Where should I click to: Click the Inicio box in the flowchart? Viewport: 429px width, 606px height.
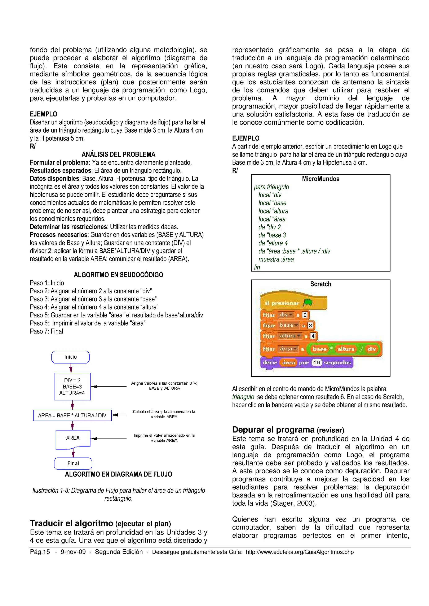(x=70, y=357)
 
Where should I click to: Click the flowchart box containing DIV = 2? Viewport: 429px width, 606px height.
(x=72, y=386)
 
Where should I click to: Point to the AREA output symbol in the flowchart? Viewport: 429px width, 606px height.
(x=73, y=438)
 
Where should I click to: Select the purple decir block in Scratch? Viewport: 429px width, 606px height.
(x=270, y=363)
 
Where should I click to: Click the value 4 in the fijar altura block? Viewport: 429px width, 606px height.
(x=313, y=336)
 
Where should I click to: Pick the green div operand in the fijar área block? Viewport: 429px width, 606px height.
(x=372, y=349)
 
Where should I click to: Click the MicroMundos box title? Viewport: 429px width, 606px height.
(x=320, y=179)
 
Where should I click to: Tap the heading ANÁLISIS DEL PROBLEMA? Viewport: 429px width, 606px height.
(x=118, y=154)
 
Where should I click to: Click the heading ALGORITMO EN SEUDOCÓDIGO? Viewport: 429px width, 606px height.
(x=118, y=275)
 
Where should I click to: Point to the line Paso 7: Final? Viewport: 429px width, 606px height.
(x=47, y=331)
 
